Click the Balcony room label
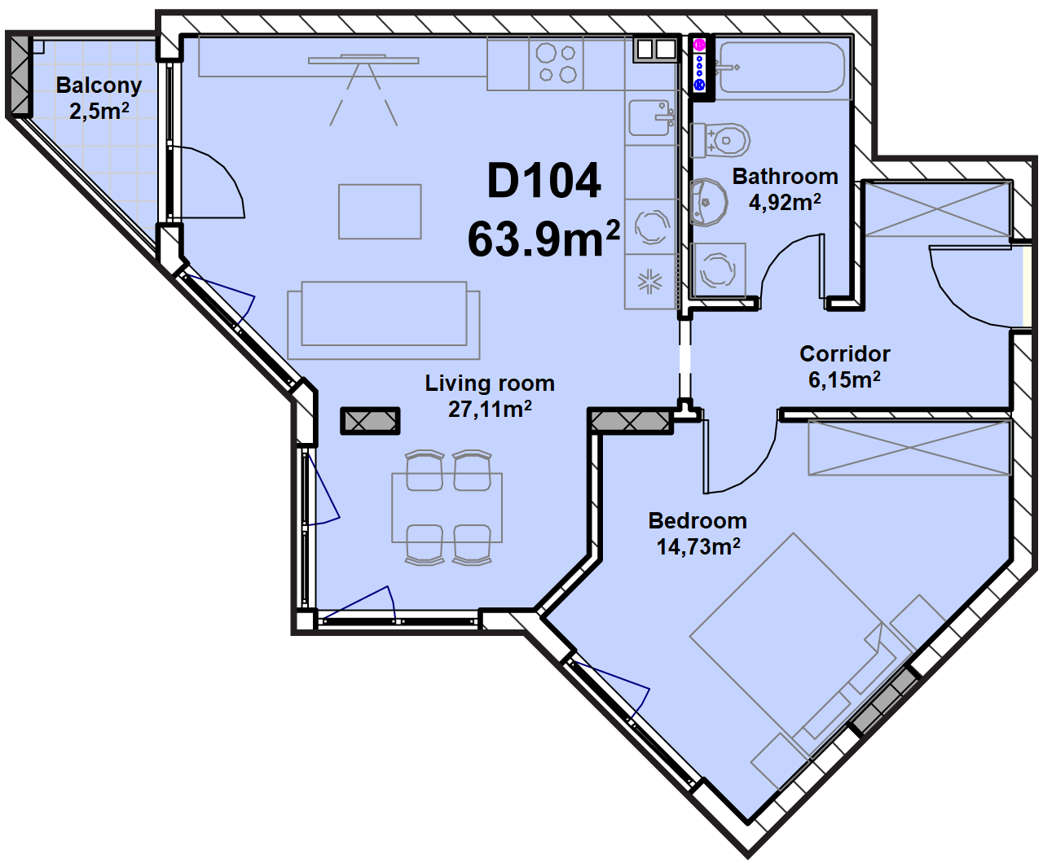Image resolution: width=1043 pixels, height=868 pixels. point(99,85)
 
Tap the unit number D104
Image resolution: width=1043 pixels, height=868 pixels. point(544,181)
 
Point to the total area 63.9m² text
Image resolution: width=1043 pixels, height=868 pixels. point(544,239)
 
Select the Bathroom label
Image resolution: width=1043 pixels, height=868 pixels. point(785,177)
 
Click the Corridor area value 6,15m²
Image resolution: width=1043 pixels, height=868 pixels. point(844,379)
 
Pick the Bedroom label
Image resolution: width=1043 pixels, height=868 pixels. point(698,521)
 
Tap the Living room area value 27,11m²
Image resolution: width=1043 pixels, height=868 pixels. point(490,410)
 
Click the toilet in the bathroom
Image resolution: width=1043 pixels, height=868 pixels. point(720,140)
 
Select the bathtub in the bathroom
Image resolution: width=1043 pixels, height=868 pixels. point(782,68)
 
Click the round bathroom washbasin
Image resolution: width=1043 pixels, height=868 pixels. point(708,202)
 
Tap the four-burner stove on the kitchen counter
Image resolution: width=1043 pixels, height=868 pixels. point(556,64)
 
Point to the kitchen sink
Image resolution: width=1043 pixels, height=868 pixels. point(651,118)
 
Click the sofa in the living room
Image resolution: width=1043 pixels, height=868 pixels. point(384,320)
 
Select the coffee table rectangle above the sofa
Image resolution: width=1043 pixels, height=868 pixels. point(380,212)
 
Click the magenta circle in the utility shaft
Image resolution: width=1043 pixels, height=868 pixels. point(700,45)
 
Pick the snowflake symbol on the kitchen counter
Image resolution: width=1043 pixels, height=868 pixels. point(650,282)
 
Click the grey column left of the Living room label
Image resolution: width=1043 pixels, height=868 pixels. point(370,421)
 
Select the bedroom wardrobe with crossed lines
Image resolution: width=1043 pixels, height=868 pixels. point(909,448)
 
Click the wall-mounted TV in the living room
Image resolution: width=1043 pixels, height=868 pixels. point(363,60)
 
